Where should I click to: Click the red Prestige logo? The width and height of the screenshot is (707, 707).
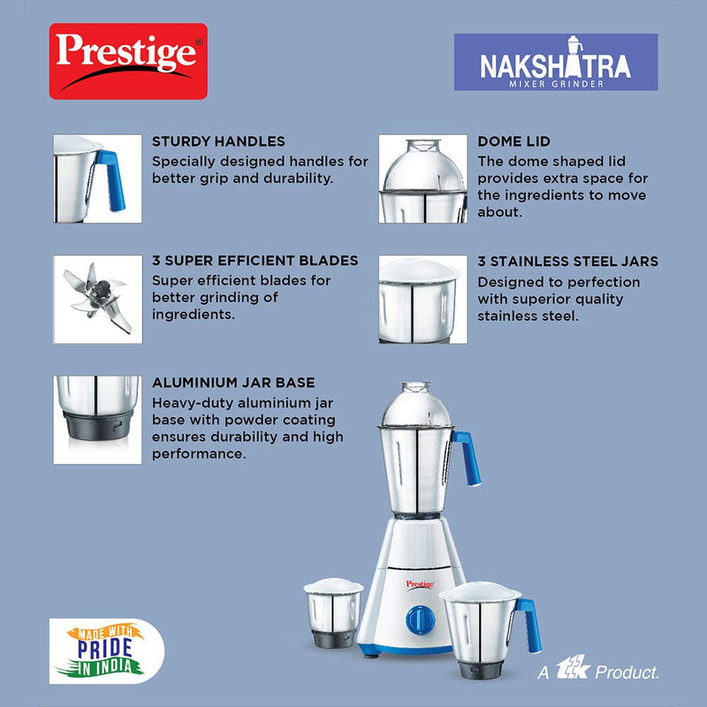tap(128, 61)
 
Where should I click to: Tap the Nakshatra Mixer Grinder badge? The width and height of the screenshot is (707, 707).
tap(556, 62)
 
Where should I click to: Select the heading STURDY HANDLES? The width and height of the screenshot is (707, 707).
tap(218, 141)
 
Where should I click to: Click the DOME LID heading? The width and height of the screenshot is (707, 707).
tap(513, 141)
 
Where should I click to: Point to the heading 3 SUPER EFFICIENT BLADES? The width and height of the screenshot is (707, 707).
tap(255, 261)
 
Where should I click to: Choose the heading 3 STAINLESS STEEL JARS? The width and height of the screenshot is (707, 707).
tap(567, 262)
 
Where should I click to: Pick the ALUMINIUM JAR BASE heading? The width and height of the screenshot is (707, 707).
tap(233, 383)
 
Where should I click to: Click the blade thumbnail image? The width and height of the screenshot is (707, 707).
tap(98, 300)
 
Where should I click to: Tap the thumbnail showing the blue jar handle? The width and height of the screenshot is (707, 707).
tap(97, 179)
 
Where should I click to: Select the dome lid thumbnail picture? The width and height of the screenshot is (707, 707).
tap(423, 179)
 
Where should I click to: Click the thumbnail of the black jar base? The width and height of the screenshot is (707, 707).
tap(97, 421)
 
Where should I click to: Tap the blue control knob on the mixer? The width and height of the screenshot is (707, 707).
tap(421, 620)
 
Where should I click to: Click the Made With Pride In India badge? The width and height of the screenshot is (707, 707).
tap(107, 651)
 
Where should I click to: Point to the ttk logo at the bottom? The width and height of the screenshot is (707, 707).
tap(573, 667)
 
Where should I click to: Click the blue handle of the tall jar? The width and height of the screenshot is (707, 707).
tap(468, 458)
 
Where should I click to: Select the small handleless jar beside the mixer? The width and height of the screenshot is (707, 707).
tap(334, 612)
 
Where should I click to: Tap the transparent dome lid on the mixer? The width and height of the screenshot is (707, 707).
tap(416, 405)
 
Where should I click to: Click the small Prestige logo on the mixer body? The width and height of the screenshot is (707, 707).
tap(420, 585)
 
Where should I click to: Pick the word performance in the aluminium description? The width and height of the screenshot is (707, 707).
tap(199, 454)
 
